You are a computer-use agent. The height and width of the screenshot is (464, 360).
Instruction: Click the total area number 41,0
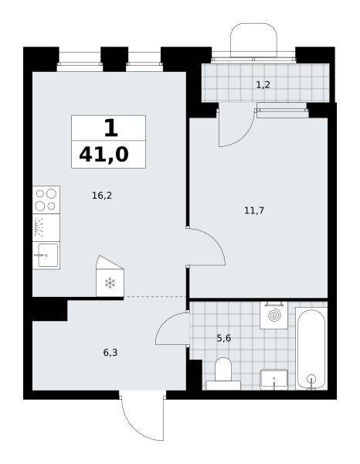pos(104,155)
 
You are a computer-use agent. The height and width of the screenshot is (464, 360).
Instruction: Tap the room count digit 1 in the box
pos(111,128)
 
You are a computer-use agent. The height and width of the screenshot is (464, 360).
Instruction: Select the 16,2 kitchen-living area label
pos(102,196)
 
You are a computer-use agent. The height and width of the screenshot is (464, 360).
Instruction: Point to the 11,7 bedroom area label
pos(254,210)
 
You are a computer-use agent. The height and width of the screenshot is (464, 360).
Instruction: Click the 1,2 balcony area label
pos(263,85)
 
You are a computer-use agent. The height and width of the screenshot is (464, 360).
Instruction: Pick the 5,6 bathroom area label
pos(224,338)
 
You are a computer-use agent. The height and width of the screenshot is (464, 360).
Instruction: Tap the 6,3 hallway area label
pos(110,353)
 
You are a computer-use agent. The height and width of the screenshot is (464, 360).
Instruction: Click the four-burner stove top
pos(46,200)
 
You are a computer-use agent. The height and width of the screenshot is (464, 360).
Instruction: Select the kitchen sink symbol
pos(46,255)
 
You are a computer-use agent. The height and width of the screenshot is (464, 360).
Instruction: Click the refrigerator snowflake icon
pos(110,283)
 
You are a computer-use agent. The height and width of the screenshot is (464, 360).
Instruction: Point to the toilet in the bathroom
pos(223,374)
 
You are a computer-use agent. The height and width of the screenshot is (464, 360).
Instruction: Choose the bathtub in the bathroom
pos(311,349)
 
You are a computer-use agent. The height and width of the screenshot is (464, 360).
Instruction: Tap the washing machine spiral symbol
pos(274,316)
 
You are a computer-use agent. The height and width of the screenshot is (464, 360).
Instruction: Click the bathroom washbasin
pos(274,380)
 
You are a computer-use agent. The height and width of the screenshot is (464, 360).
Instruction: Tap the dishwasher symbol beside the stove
pos(46,228)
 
